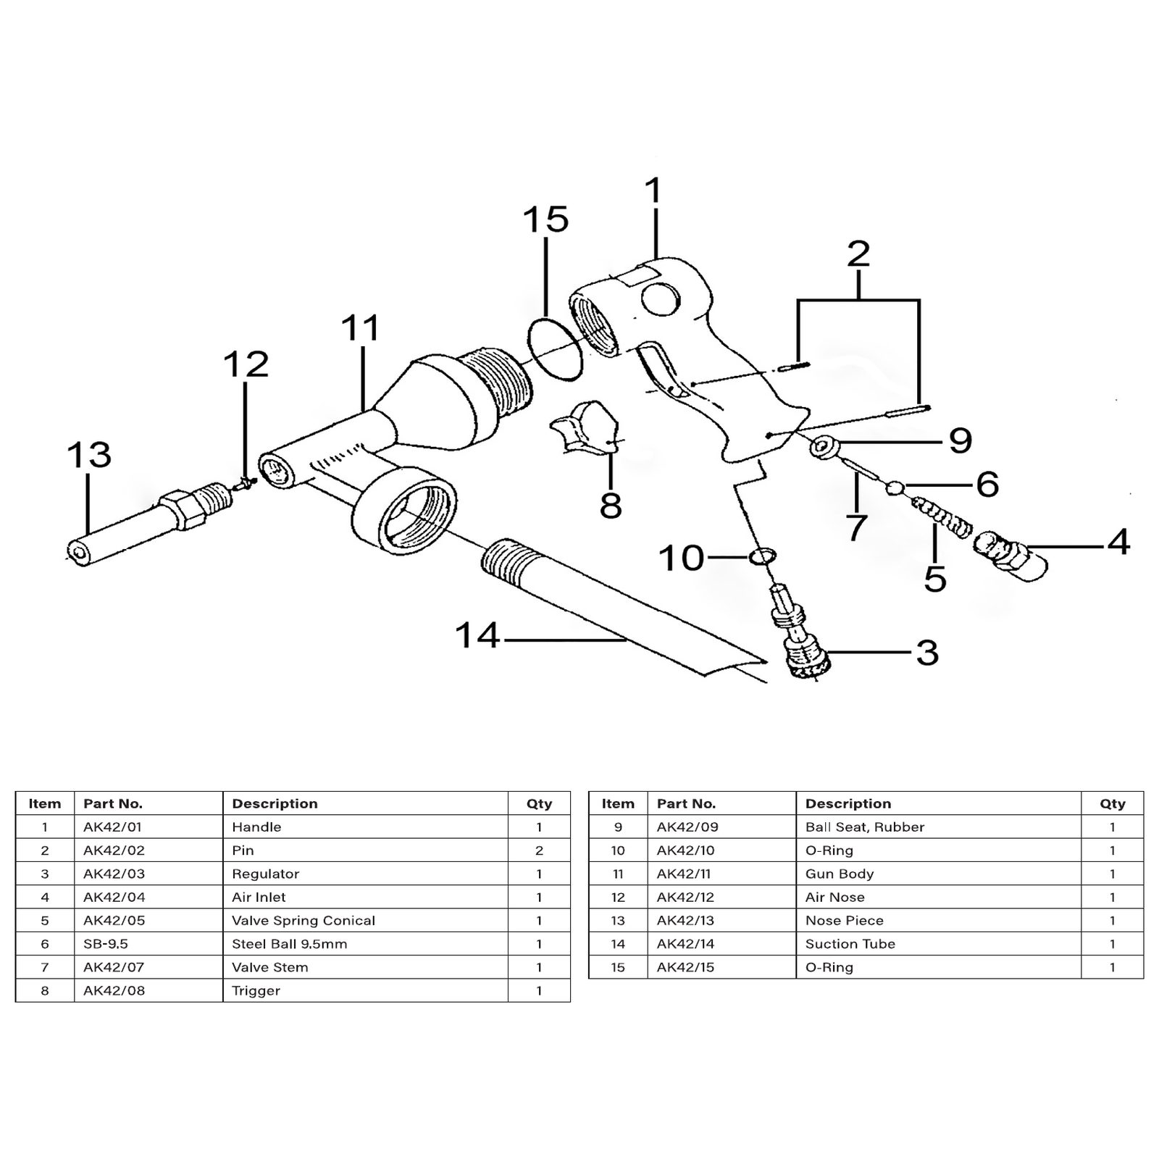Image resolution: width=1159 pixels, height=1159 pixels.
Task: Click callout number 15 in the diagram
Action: (545, 219)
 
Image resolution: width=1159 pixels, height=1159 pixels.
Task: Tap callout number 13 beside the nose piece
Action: (88, 455)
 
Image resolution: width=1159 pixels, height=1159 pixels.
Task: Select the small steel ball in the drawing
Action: (894, 488)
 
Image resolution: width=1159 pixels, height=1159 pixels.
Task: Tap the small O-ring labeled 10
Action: (761, 556)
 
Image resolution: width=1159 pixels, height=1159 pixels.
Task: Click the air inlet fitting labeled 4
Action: (1012, 555)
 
